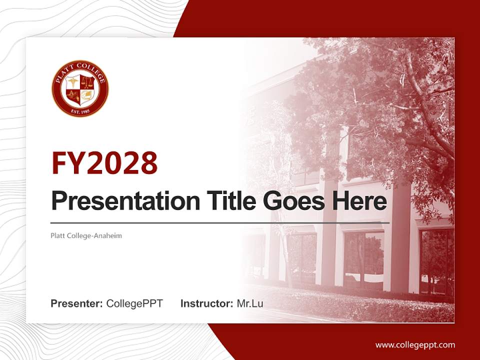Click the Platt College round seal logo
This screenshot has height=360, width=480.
click(x=80, y=89)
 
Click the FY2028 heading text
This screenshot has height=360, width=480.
click(x=104, y=163)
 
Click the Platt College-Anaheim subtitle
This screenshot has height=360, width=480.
click(x=86, y=235)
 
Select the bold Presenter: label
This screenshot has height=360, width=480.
click(x=77, y=303)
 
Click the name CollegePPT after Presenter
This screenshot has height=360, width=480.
click(x=134, y=303)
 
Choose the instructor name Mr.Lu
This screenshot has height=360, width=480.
click(x=250, y=303)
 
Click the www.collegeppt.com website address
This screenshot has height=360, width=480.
click(x=415, y=345)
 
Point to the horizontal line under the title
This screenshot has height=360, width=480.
click(x=220, y=222)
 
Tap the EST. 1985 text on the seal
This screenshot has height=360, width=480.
click(x=80, y=110)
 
